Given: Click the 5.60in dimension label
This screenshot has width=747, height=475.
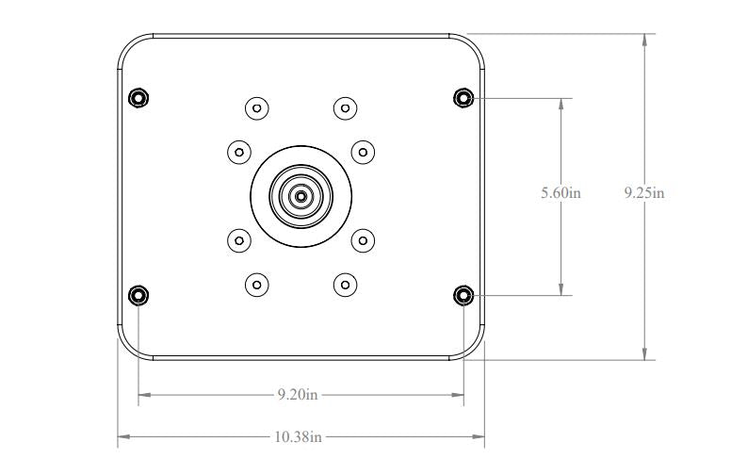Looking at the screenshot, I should click(560, 193).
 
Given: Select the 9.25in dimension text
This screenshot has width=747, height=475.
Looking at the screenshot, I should click(644, 193).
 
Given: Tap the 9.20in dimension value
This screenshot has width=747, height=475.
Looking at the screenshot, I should click(298, 394).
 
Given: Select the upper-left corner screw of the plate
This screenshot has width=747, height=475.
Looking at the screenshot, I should click(138, 97).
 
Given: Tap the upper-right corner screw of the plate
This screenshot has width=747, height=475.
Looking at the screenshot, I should click(463, 97).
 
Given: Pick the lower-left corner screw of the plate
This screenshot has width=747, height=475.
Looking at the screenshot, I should click(138, 295).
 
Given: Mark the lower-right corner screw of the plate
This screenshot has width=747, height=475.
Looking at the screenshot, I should click(463, 295).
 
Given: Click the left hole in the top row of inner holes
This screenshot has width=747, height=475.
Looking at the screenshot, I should click(256, 107).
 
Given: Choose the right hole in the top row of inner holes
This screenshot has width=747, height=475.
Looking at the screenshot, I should click(346, 107).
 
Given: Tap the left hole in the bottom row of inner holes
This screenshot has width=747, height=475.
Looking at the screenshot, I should click(256, 284).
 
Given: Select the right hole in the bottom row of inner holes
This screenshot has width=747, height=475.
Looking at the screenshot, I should click(346, 284).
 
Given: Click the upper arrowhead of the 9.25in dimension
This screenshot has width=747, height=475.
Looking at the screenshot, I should click(644, 41).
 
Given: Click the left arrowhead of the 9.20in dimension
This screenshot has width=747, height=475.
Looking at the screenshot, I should click(144, 394).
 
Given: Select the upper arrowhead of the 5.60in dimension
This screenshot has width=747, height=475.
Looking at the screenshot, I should click(561, 103).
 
